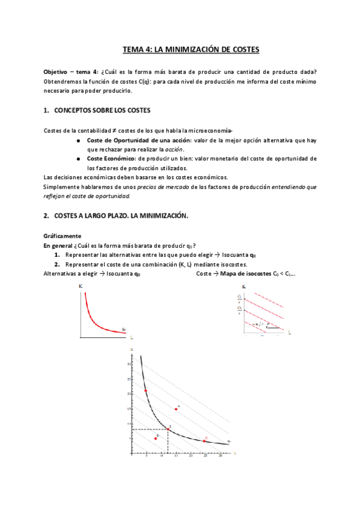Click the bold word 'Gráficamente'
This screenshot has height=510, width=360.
click(x=63, y=235)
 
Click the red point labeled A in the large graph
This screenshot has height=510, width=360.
click(x=176, y=409)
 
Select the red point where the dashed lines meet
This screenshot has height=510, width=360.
click(x=168, y=429)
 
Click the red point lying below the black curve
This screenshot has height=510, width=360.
click(x=155, y=438)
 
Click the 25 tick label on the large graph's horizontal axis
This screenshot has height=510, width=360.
click(x=206, y=456)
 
